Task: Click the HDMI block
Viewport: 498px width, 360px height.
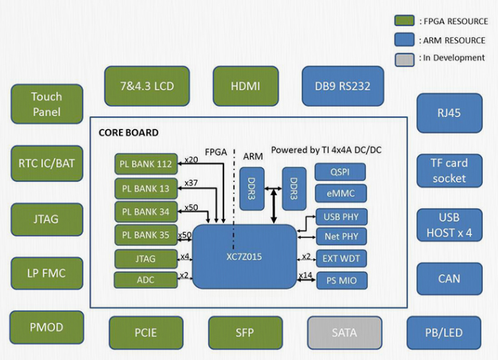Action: [246, 86]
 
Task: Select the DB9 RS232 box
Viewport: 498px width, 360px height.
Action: [342, 86]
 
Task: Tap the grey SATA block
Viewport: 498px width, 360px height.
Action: [344, 332]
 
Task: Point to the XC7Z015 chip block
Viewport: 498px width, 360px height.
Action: [245, 256]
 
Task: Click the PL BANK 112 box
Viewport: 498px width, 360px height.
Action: [146, 165]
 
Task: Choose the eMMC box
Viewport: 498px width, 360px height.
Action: [340, 194]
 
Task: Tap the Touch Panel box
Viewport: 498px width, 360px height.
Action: [46, 104]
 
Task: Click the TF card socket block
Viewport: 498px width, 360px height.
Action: [450, 170]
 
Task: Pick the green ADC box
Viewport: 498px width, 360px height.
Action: [146, 280]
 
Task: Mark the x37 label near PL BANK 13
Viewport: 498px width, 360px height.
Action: [190, 183]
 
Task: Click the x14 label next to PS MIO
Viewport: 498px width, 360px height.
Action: [306, 276]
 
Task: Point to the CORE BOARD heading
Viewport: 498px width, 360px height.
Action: [129, 132]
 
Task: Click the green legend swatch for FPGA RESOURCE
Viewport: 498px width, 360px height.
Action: [405, 21]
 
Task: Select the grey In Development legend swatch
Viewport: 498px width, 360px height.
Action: [405, 58]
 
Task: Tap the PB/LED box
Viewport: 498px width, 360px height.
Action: [443, 333]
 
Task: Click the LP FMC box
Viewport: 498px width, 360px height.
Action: [46, 273]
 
